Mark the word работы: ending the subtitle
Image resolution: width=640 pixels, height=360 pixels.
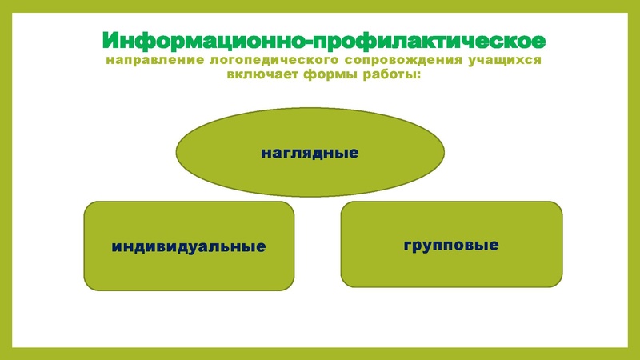pos(393,76)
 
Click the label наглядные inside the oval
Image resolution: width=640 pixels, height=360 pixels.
pos(310,151)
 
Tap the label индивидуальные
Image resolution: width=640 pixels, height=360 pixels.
pos(189,246)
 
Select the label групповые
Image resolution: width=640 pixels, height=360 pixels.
pos(451,244)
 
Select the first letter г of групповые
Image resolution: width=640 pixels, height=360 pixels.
pos(407,244)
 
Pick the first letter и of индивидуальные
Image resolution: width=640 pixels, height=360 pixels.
pos(117,246)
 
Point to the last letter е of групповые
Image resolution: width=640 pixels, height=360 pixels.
pos(494,244)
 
